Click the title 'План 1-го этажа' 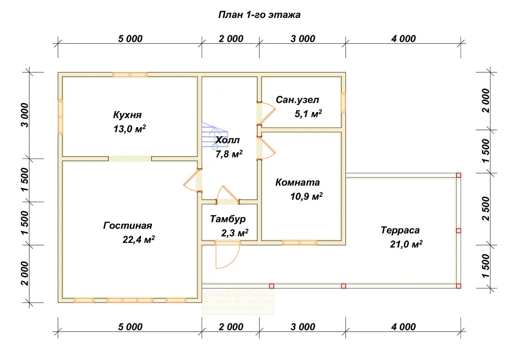tap(259, 15)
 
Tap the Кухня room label tap(127, 115)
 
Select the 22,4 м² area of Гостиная tap(138, 239)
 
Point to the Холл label tap(227, 140)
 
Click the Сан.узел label tap(297, 100)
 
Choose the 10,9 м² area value tap(306, 196)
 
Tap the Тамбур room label tap(228, 219)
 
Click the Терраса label tap(400, 230)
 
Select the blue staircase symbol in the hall tap(214, 136)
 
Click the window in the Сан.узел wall tap(344, 102)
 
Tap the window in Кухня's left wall tap(60, 117)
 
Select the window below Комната tap(299, 243)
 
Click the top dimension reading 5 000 tap(130, 38)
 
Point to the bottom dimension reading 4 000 tap(403, 327)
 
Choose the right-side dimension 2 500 tap(486, 209)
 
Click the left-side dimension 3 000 tap(25, 115)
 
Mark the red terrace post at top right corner tap(459, 175)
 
